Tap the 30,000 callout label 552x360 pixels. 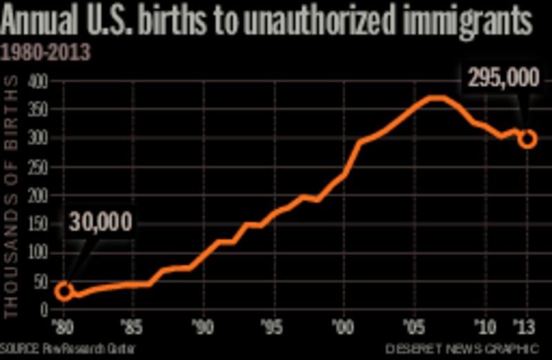(x=100, y=223)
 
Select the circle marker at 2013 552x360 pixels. (x=528, y=139)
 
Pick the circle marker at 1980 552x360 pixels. (x=63, y=291)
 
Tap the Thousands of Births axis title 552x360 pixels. (x=12, y=197)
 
